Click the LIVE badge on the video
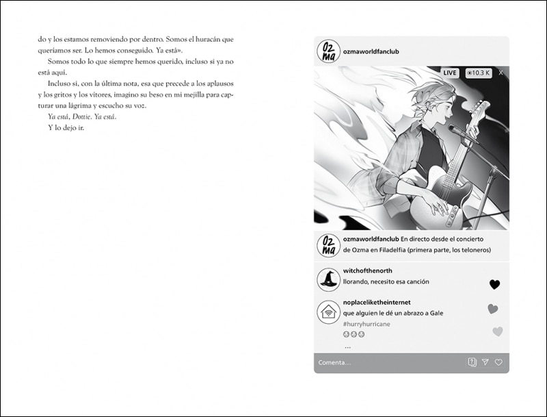[x=450, y=73]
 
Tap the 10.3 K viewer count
[x=478, y=73]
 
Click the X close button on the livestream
[x=501, y=73]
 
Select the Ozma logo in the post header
[x=329, y=51]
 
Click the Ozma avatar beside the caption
[x=329, y=245]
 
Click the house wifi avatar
[x=329, y=312]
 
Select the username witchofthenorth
[x=368, y=271]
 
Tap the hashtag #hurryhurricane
[x=366, y=324]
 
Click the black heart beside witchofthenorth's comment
[x=495, y=284]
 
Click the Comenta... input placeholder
[x=334, y=362]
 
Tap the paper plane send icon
[x=485, y=362]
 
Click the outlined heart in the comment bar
[x=498, y=362]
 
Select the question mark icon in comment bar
[x=472, y=362]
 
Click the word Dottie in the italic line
[x=82, y=116]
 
